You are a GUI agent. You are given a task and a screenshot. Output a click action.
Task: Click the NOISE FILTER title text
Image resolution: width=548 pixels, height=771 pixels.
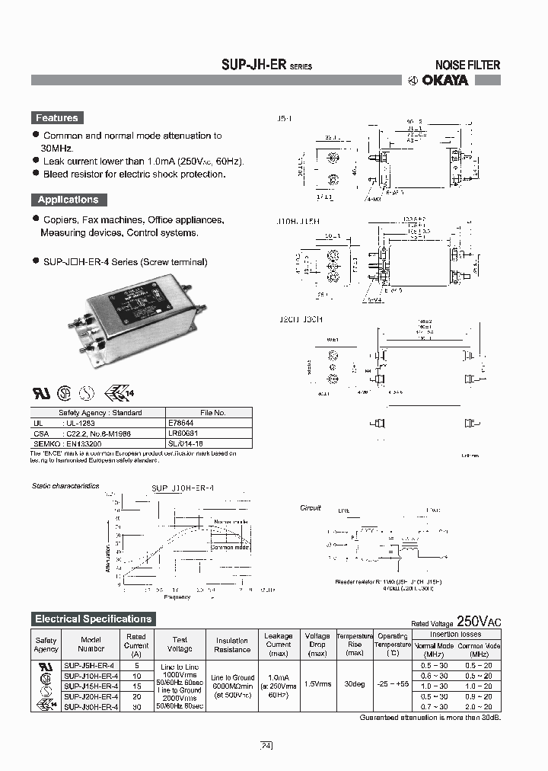click(x=467, y=66)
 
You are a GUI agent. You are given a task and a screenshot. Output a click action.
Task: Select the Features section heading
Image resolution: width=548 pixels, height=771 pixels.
click(x=56, y=118)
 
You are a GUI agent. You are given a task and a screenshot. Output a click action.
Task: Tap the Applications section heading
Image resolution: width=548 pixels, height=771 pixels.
click(x=68, y=200)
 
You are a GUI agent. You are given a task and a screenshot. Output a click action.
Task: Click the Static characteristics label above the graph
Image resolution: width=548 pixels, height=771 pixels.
click(x=65, y=485)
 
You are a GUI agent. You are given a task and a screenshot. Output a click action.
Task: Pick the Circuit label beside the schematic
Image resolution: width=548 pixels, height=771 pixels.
click(x=311, y=507)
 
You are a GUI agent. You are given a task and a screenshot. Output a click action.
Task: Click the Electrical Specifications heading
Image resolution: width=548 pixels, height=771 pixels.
click(x=94, y=619)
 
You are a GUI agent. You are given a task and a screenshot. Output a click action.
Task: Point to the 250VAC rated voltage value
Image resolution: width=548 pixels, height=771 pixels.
click(x=479, y=621)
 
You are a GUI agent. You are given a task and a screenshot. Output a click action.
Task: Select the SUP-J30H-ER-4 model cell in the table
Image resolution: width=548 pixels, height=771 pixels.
click(x=91, y=706)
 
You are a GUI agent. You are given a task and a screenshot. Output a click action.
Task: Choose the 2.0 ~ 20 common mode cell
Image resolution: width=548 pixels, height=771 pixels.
click(x=479, y=706)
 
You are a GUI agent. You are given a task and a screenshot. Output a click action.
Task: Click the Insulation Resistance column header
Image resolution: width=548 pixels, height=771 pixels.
click(x=232, y=645)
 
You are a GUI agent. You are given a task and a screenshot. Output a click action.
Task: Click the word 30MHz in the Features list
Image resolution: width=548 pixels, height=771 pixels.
click(x=57, y=148)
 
